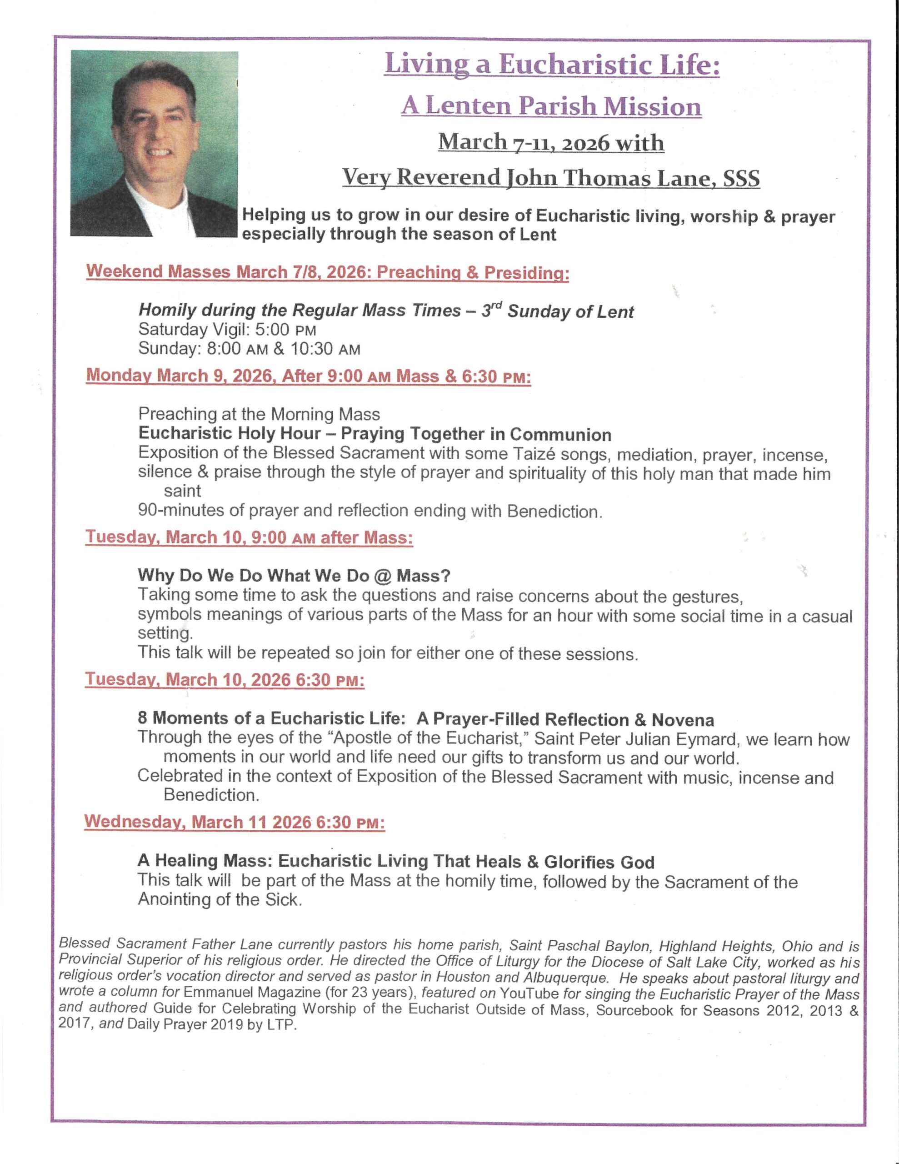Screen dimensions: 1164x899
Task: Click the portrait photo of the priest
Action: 154,143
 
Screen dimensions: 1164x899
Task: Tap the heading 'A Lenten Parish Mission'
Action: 551,106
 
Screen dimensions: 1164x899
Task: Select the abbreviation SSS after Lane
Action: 739,179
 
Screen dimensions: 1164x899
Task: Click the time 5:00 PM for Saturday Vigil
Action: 285,330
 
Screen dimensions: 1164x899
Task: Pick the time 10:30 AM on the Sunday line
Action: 325,349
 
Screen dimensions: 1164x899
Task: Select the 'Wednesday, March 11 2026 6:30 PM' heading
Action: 234,821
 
